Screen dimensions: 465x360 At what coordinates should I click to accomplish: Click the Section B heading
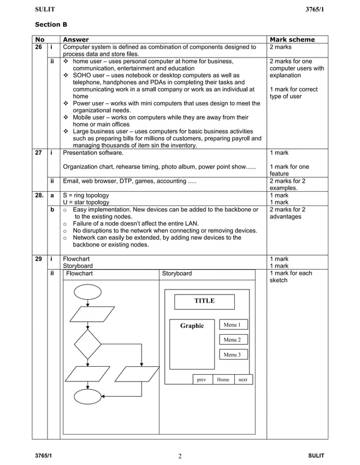tap(51, 25)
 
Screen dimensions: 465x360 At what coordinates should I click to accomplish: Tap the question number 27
tap(39, 152)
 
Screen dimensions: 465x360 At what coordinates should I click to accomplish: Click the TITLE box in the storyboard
tap(204, 301)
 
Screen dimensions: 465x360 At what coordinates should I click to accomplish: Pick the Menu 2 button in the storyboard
tap(232, 340)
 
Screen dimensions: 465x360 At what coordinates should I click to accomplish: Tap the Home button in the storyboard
tap(223, 380)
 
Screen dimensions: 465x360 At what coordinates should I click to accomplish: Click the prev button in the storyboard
tap(201, 380)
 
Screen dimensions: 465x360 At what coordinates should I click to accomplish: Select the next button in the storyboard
tap(243, 380)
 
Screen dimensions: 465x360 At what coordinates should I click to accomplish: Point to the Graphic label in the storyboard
tap(192, 326)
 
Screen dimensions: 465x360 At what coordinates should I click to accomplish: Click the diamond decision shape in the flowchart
tap(87, 344)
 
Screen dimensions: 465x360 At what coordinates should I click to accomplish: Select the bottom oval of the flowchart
tap(87, 397)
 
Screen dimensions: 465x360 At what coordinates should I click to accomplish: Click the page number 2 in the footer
tap(180, 457)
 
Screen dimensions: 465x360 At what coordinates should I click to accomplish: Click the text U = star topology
tap(86, 202)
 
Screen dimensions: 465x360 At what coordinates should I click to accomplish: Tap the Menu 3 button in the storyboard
tap(232, 354)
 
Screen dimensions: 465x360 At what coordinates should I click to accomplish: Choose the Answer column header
tap(76, 40)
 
